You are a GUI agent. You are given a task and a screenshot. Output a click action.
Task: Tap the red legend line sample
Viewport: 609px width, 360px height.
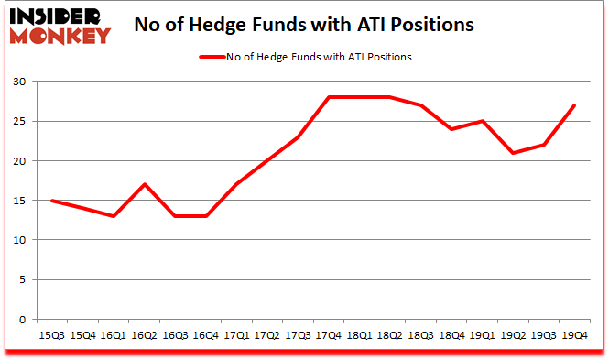click(216, 57)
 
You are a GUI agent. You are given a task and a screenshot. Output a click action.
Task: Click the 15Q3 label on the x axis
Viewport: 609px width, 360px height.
click(53, 336)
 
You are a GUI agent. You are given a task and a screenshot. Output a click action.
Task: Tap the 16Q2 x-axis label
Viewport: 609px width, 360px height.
click(145, 336)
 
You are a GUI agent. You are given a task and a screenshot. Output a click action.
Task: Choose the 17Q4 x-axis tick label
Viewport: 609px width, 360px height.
click(328, 336)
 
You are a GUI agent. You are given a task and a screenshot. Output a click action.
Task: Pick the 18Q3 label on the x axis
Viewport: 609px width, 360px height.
click(420, 336)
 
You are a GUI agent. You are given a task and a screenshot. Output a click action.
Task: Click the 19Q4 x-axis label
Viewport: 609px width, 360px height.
click(573, 336)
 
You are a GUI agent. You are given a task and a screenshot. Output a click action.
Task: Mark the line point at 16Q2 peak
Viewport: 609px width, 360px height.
click(145, 184)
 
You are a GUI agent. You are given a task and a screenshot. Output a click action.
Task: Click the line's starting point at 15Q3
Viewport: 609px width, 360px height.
click(53, 201)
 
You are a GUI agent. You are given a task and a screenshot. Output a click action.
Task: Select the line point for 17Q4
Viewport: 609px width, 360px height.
click(328, 97)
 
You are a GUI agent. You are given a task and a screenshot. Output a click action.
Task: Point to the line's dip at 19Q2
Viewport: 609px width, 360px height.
click(512, 153)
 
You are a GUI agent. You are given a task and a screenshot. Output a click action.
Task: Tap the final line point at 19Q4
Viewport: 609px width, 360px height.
click(573, 105)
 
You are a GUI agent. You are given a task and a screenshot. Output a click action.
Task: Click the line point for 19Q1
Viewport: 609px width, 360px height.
click(482, 121)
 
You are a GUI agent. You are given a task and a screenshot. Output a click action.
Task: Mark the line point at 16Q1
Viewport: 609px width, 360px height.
click(114, 216)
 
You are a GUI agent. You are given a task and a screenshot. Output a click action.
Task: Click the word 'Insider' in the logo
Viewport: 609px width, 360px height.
click(60, 16)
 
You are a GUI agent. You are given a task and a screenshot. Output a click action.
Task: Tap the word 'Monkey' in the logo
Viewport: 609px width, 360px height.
click(60, 35)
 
